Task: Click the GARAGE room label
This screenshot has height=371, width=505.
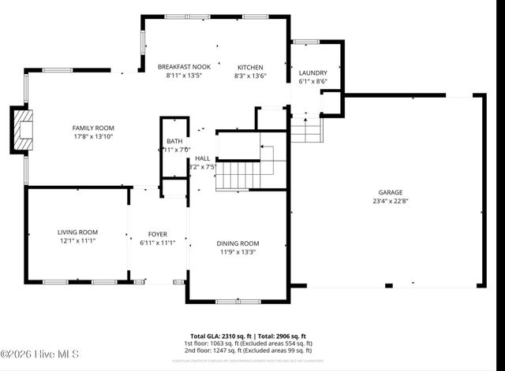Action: tap(390, 192)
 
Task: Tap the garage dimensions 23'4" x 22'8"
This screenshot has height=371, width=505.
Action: tap(390, 201)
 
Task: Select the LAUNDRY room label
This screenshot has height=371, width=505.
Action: tap(312, 72)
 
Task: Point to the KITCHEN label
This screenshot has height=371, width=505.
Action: tap(251, 67)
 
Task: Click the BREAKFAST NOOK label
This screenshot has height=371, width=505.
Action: tap(183, 67)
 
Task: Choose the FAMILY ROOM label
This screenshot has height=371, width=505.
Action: tap(94, 128)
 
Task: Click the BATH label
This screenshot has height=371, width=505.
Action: tap(174, 141)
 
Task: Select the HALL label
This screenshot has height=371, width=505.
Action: tap(202, 158)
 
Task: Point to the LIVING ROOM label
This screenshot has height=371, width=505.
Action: tap(77, 232)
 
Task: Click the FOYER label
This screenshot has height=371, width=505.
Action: tap(157, 235)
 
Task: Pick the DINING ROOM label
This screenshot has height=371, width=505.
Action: tap(238, 243)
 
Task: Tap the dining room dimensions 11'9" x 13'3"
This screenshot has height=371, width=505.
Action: tap(238, 252)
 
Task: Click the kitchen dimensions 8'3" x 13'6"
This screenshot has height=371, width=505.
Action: tap(251, 76)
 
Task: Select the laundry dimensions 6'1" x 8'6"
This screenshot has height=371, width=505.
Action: tap(312, 80)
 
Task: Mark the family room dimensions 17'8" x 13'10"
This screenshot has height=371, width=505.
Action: tap(94, 136)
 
